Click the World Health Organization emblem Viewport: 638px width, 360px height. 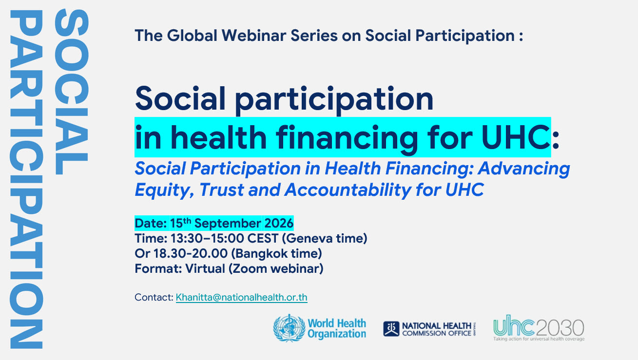tap(289, 328)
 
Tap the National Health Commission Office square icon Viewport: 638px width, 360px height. tap(391, 329)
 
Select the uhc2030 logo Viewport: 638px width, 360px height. tap(539, 328)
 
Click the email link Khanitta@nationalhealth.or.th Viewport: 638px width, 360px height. tap(242, 297)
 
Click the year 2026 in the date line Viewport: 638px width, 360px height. tap(279, 223)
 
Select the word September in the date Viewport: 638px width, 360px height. tap(228, 224)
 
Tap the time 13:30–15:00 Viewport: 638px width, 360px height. tap(207, 238)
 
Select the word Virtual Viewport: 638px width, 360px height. tap(205, 268)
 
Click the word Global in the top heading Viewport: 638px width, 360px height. tap(192, 36)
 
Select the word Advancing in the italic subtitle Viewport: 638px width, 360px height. tap(524, 169)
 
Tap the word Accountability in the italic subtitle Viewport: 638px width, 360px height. tap(348, 190)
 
